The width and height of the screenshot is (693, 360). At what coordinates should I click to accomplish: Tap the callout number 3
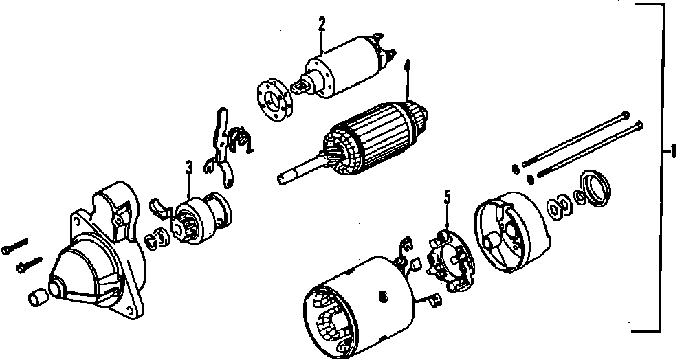click(188, 166)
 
